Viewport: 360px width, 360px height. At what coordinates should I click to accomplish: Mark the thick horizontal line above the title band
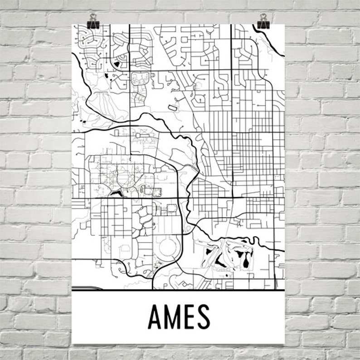178,289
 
